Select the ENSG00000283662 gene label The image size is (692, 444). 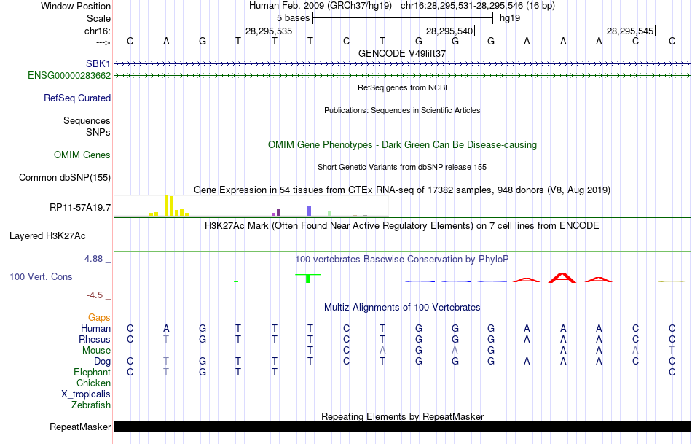(69, 75)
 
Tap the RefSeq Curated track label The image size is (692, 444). (77, 98)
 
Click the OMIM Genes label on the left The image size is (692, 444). (82, 155)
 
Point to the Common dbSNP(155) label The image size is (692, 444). (65, 177)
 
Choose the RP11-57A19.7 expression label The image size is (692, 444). (80, 208)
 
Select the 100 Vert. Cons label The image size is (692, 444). (41, 277)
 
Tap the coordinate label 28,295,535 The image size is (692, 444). (269, 31)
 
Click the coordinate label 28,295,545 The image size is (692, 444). (630, 31)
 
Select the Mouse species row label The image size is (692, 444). (96, 350)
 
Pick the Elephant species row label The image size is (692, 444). (93, 372)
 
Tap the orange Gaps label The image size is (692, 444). (99, 317)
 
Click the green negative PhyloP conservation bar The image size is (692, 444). (309, 278)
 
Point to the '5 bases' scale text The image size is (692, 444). (292, 17)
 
